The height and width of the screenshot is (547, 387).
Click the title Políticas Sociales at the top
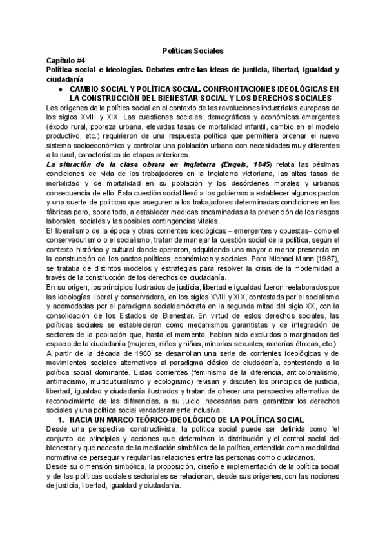(193, 50)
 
